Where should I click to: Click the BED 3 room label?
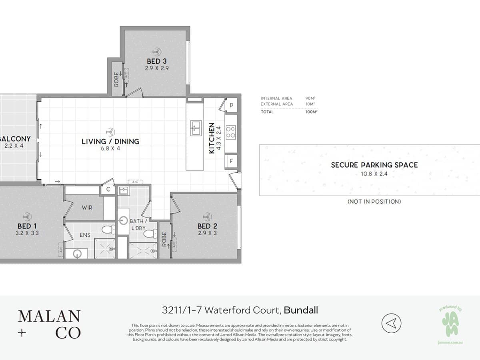(x=156, y=61)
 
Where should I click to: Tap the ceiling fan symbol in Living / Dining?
(x=110, y=131)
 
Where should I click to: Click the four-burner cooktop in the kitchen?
(x=231, y=132)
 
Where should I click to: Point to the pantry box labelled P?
(x=231, y=106)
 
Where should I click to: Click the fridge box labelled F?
(x=231, y=161)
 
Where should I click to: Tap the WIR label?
(x=88, y=208)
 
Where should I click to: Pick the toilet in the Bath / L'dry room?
(x=151, y=233)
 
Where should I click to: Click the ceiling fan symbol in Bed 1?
(x=27, y=216)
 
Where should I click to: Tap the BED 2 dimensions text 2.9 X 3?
(x=207, y=233)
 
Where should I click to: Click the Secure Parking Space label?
(x=374, y=165)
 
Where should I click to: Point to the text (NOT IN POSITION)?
(x=374, y=202)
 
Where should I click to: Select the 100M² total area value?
(x=311, y=112)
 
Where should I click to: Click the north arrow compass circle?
(x=391, y=323)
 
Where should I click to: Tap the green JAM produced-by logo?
(x=450, y=323)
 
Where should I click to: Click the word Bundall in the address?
(x=301, y=310)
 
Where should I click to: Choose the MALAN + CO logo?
(x=49, y=324)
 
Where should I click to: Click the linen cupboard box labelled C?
(x=108, y=190)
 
